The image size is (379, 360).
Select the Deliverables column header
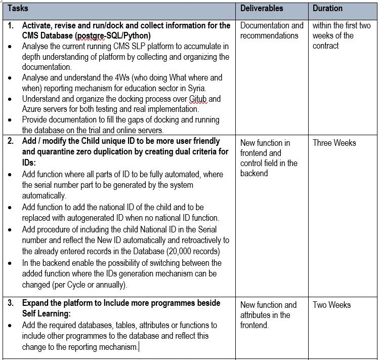point(262,9)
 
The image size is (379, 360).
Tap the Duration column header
point(327,9)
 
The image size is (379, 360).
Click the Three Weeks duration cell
point(334,143)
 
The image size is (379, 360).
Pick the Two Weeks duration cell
point(331,305)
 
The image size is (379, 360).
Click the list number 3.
point(11,303)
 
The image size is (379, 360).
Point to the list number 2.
point(11,141)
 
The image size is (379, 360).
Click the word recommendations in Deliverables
point(269,35)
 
